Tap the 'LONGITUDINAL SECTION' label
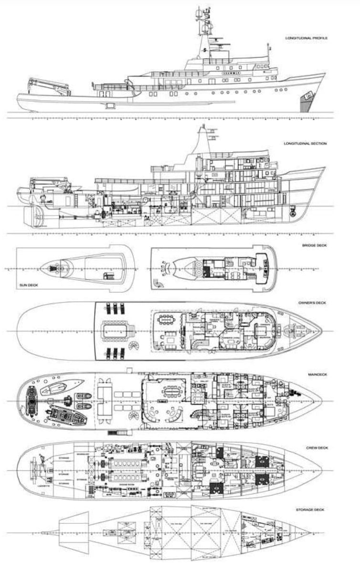(306, 143)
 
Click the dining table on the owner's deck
(166, 318)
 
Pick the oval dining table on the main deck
(170, 392)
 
